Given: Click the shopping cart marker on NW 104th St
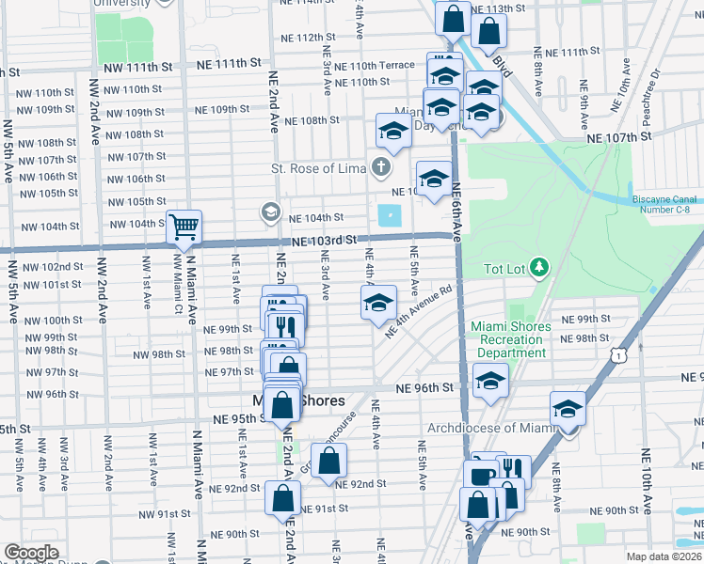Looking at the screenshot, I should [184, 227].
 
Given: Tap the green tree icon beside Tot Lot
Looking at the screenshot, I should [538, 269].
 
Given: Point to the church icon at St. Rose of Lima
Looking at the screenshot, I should [380, 168].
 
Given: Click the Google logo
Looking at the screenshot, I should [31, 553].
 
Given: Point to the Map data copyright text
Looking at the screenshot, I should [663, 556].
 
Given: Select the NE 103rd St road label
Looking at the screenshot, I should [324, 241].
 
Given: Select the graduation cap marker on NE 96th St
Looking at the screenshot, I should [489, 382].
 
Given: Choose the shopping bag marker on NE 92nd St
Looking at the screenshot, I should [328, 462].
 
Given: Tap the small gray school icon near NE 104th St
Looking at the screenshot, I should [271, 211].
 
